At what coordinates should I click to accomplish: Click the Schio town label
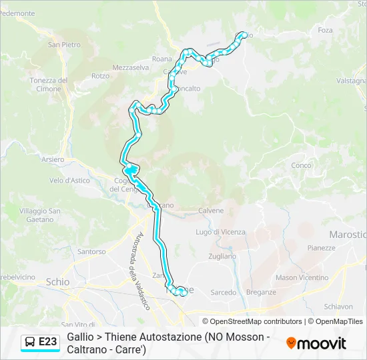click(x=57, y=282)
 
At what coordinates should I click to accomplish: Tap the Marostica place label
click(x=348, y=235)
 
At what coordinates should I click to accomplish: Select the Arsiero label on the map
click(x=53, y=160)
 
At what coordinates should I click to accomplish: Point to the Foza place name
click(x=325, y=30)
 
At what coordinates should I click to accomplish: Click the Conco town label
click(x=301, y=165)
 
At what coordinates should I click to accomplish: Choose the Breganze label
click(x=261, y=292)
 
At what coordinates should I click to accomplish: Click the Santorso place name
click(x=91, y=252)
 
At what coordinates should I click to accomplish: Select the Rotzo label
click(x=100, y=76)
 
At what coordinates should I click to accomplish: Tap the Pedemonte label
click(x=17, y=13)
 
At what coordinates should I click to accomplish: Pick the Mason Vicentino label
click(x=302, y=277)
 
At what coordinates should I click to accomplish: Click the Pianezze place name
click(x=321, y=247)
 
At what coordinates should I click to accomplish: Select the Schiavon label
click(x=338, y=307)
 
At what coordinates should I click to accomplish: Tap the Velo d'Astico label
click(x=69, y=180)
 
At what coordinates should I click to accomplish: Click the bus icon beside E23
click(x=30, y=342)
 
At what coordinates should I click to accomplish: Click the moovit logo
click(x=316, y=343)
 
